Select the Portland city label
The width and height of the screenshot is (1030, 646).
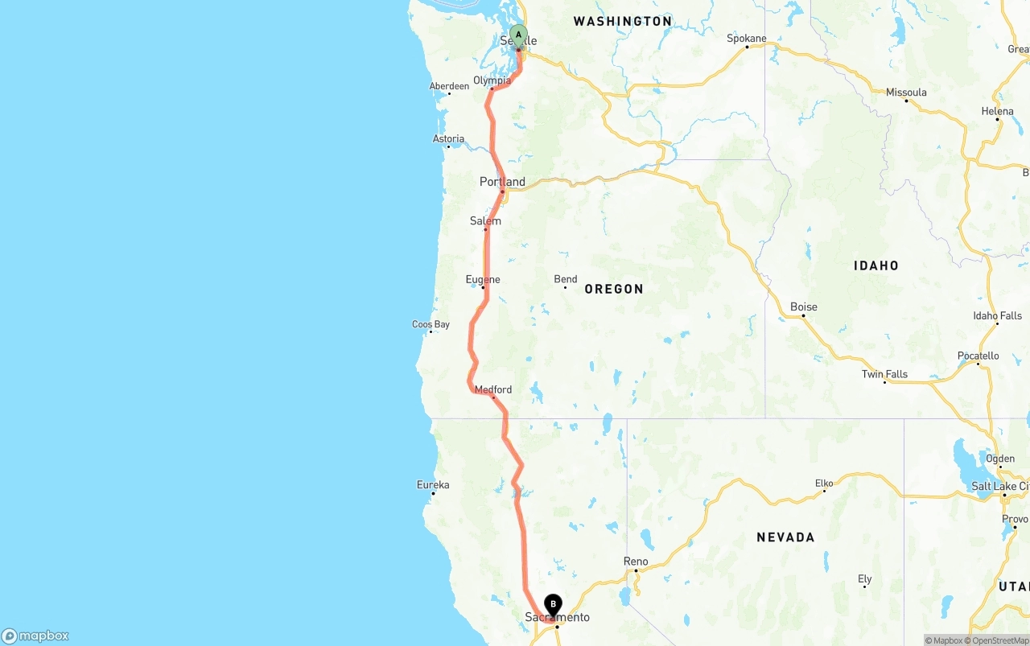click(x=502, y=182)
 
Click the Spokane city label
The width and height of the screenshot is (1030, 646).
click(x=747, y=38)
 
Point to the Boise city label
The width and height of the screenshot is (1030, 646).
click(x=804, y=307)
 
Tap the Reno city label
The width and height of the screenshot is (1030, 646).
click(x=636, y=562)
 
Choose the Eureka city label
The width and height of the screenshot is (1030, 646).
click(x=433, y=484)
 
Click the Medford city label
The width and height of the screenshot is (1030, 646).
click(x=492, y=389)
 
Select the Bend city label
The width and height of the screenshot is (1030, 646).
click(x=566, y=279)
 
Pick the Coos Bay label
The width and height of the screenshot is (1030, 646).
click(x=431, y=324)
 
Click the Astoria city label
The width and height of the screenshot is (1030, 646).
click(x=448, y=139)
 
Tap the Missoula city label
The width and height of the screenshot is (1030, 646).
click(x=906, y=93)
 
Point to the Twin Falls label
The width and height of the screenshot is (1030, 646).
click(x=884, y=374)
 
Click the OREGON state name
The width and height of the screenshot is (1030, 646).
click(x=614, y=289)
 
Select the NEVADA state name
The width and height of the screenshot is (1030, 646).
click(x=785, y=537)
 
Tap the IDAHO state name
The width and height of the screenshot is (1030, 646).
click(x=876, y=265)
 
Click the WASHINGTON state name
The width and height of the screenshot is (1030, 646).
click(x=623, y=22)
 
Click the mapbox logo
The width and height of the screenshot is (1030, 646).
click(x=35, y=636)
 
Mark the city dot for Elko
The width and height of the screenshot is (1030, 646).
click(x=824, y=491)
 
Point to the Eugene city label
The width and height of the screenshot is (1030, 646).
click(x=483, y=279)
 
